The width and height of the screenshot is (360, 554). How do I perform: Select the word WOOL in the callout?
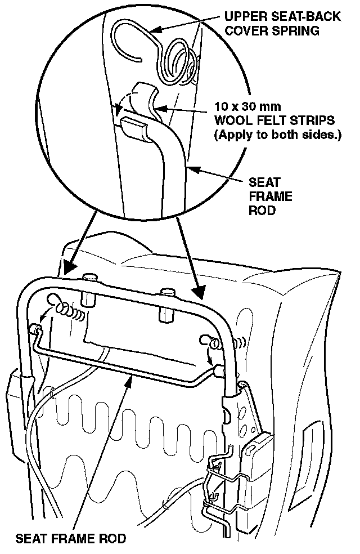pos(231,121)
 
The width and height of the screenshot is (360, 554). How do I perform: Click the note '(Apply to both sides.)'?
pos(276,135)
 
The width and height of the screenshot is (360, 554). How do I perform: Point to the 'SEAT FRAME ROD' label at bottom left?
pos(71,538)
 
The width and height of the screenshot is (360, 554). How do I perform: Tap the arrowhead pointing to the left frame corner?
pos(69,266)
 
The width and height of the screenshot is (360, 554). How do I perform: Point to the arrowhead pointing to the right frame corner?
pos(198,293)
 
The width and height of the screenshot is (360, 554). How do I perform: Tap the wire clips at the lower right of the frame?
pos(217,484)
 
